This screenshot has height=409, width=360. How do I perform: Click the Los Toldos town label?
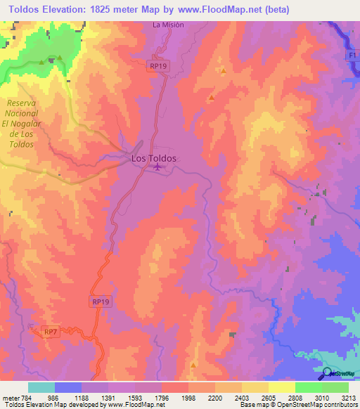154,159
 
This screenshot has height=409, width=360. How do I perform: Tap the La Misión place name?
167,25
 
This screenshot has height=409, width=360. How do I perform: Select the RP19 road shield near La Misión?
157,65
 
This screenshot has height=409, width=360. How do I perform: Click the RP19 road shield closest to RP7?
101,301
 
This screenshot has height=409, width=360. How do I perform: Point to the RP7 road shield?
50,331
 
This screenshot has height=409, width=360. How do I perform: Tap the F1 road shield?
352,55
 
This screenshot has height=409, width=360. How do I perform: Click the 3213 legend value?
347,398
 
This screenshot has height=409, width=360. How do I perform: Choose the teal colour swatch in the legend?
41,387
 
